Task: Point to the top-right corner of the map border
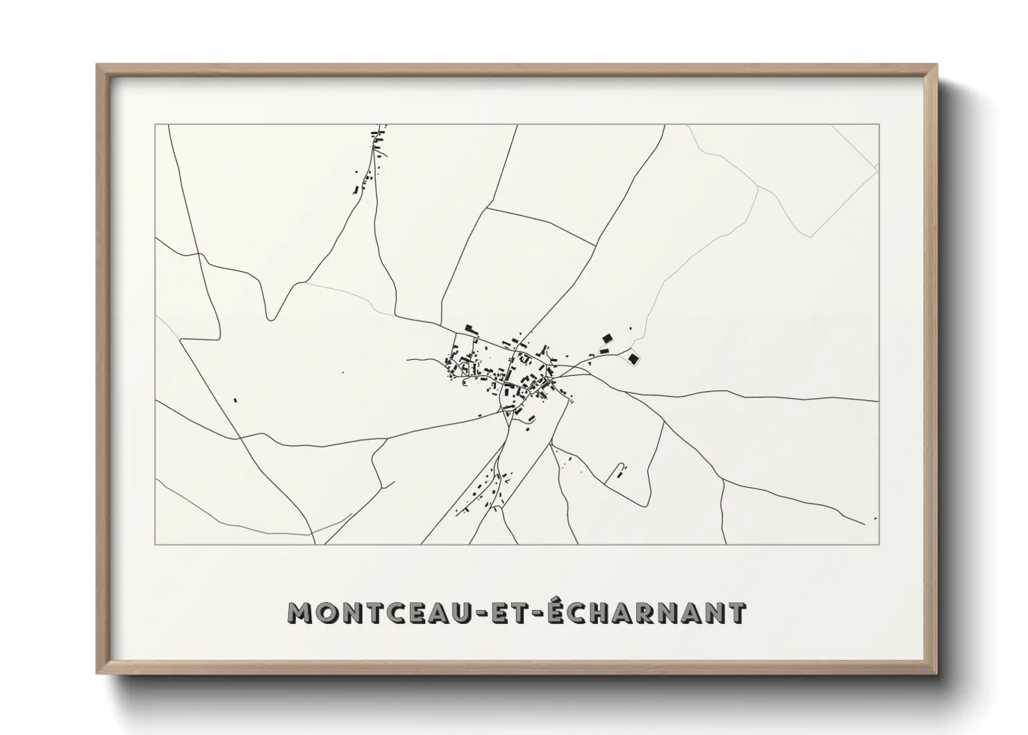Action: (879, 125)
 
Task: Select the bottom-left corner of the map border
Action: (156, 544)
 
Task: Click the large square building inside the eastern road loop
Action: (633, 358)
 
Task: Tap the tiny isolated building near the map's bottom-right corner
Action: (874, 518)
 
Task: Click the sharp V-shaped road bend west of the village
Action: (272, 319)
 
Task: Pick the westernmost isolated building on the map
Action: (235, 400)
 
